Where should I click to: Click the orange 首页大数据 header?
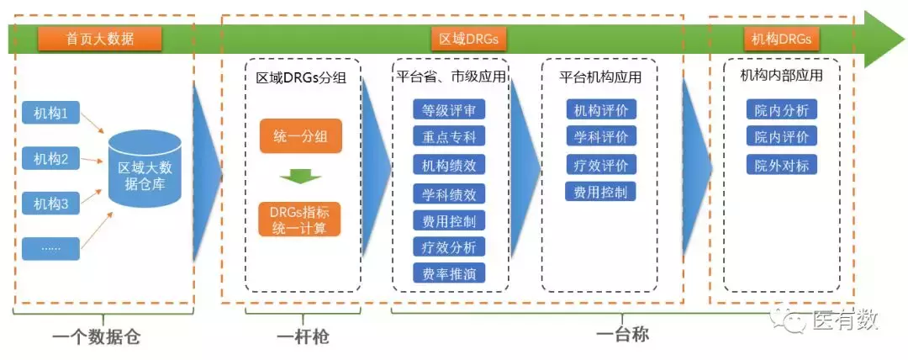click(x=98, y=38)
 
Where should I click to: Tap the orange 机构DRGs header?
click(x=782, y=39)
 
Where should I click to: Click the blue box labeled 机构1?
click(x=50, y=113)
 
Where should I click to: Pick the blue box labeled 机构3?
click(x=50, y=203)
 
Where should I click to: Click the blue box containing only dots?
click(x=50, y=248)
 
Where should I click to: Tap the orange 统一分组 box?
click(x=300, y=137)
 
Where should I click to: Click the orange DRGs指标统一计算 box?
click(x=299, y=219)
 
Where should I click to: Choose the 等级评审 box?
click(x=449, y=109)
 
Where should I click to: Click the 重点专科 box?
click(x=449, y=137)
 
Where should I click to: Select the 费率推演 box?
click(x=449, y=273)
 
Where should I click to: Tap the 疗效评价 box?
click(x=600, y=165)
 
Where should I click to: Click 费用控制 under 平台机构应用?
click(x=600, y=192)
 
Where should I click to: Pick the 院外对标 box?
click(x=781, y=165)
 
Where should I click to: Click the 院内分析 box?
click(x=781, y=109)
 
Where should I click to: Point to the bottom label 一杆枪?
click(x=303, y=337)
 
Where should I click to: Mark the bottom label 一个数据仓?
click(x=95, y=338)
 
